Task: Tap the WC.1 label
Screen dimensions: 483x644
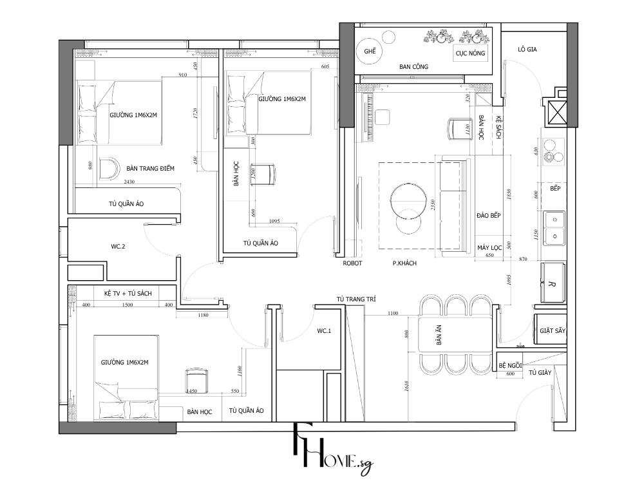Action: pos(324,331)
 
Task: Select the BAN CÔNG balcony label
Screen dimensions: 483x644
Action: pos(413,66)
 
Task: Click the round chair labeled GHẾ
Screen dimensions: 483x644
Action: pos(370,51)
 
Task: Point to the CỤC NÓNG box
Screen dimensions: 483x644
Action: pos(470,53)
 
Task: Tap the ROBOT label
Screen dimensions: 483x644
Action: pos(352,263)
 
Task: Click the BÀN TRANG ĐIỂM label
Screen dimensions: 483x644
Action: pos(150,168)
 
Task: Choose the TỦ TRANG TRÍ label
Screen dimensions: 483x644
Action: pos(355,299)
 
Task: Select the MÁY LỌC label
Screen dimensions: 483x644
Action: pos(489,247)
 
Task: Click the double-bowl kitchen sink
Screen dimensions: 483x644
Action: pos(553,227)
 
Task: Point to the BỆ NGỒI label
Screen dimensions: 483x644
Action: pos(511,365)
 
